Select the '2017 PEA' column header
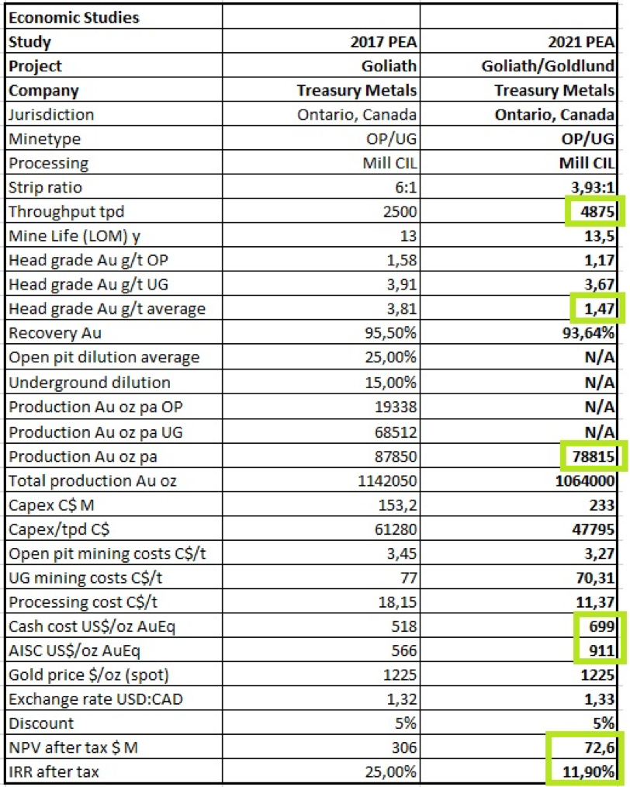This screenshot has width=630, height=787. pyautogui.click(x=383, y=42)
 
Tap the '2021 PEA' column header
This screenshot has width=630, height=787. pyautogui.click(x=581, y=42)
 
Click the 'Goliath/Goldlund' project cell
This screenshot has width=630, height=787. pyautogui.click(x=548, y=66)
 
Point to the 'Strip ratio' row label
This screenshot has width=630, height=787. pyautogui.click(x=45, y=187)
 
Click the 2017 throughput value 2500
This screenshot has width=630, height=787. pyautogui.click(x=400, y=211)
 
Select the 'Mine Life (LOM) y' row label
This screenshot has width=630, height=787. pyautogui.click(x=74, y=236)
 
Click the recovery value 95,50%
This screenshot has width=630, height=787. pyautogui.click(x=391, y=333)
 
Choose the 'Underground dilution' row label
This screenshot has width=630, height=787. pyautogui.click(x=89, y=383)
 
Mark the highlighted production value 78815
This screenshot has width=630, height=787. pyautogui.click(x=594, y=456)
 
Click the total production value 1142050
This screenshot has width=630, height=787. pyautogui.click(x=387, y=481)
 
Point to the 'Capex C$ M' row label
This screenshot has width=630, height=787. pyautogui.click(x=51, y=505)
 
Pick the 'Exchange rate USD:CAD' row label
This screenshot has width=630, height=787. pyautogui.click(x=95, y=699)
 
